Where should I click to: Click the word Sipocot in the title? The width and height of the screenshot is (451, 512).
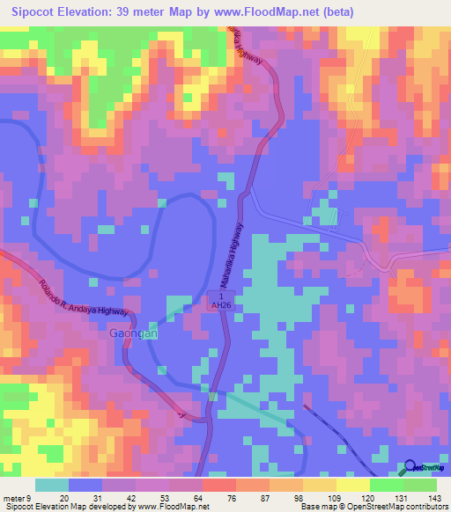(36, 12)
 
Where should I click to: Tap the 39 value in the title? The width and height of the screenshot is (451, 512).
(152, 12)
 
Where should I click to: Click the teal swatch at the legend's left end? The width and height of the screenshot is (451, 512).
(52, 485)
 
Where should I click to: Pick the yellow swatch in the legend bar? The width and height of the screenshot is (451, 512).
(352, 485)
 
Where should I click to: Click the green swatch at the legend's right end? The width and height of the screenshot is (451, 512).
(420, 485)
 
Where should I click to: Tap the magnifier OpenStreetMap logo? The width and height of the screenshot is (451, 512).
(410, 470)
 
